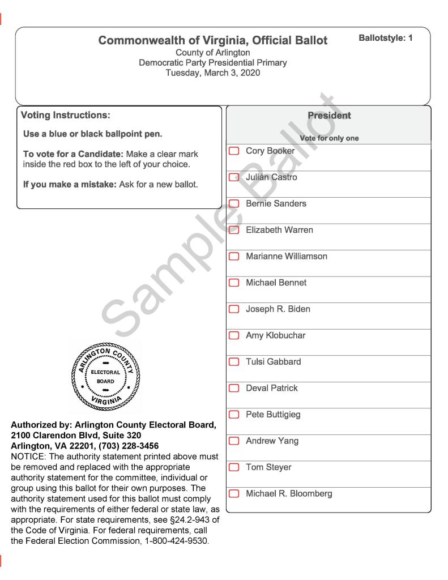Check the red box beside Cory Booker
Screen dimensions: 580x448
pos(234,151)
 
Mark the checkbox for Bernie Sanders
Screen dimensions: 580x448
pos(234,204)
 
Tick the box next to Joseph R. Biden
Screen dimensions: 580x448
pos(234,309)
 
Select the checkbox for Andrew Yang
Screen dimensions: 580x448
pos(234,441)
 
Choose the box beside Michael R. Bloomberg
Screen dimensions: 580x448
pos(234,494)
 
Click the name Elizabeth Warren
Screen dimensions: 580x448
pos(279,230)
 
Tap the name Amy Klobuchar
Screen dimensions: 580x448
pos(275,335)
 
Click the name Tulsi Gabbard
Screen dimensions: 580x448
pos(273,362)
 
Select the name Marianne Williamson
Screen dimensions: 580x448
pos(286,257)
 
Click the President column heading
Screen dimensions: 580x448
pos(329,116)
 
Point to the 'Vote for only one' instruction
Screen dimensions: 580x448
pos(329,138)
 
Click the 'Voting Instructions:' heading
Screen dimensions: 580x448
pos(65,115)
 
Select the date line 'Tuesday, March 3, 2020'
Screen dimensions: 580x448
pos(213,72)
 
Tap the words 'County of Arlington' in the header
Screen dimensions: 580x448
pos(213,53)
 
